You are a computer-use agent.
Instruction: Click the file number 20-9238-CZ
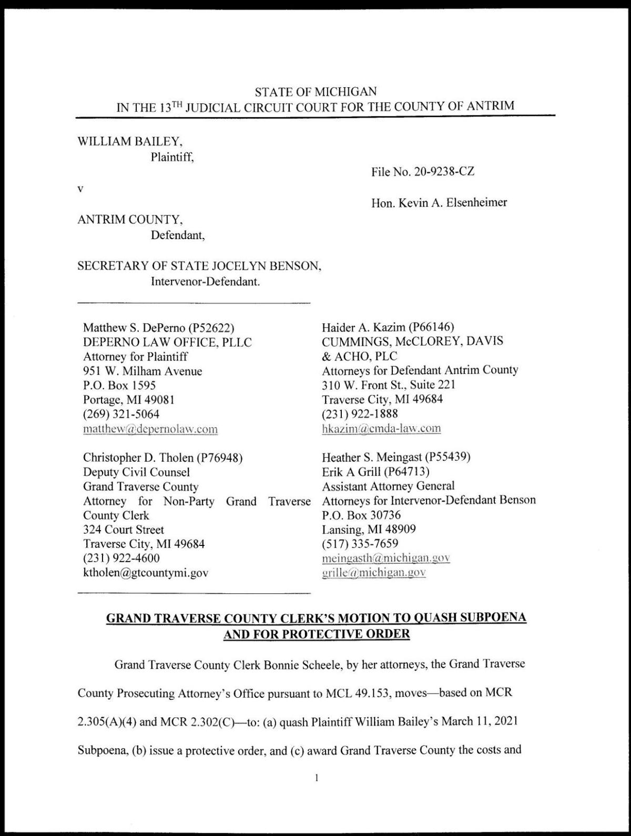pos(444,171)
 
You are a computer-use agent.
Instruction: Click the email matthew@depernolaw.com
pos(150,429)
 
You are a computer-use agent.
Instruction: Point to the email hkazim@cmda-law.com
pos(381,428)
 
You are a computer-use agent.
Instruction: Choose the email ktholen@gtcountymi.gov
pos(146,572)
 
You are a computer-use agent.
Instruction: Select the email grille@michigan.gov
pos(373,572)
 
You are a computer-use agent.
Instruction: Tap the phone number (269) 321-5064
pos(121,414)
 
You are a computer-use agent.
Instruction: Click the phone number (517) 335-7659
pos(360,543)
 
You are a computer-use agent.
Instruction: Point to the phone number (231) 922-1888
pos(360,414)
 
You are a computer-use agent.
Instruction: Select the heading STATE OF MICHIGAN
pos(315,92)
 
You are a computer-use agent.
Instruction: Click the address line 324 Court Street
pos(124,530)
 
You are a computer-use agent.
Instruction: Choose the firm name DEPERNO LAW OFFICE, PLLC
pos(167,343)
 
